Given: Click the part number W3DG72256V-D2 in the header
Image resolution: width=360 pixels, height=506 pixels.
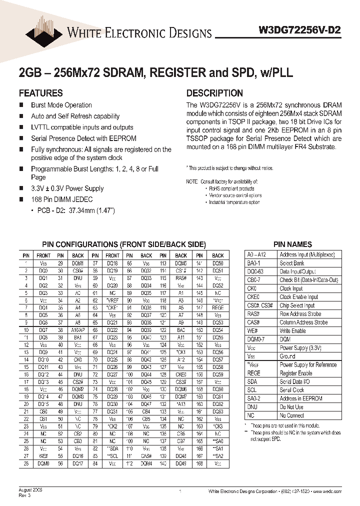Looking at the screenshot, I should pyautogui.click(x=300, y=29).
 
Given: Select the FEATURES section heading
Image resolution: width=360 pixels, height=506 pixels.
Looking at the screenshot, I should pyautogui.click(x=40, y=93).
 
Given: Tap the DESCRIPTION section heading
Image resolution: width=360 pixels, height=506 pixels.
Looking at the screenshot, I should pyautogui.click(x=214, y=93).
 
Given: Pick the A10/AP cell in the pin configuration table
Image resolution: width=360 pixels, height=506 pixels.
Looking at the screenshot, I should pyautogui.click(x=77, y=330).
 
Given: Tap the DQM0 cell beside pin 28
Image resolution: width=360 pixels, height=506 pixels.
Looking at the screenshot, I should pyautogui.click(x=43, y=464).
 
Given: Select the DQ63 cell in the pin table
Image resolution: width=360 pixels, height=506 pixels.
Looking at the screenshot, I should pyautogui.click(x=217, y=411).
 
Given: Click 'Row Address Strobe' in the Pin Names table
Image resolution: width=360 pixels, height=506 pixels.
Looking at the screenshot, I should pyautogui.click(x=300, y=314).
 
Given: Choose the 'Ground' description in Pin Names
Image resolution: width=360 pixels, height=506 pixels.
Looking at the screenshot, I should pyautogui.click(x=287, y=356).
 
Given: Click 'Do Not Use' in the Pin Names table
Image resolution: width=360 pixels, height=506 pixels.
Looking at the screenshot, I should pyautogui.click(x=291, y=407).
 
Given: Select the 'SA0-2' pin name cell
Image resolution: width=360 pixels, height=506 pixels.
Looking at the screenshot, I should pyautogui.click(x=254, y=398).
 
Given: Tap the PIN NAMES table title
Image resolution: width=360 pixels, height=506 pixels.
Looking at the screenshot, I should pyautogui.click(x=292, y=244).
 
